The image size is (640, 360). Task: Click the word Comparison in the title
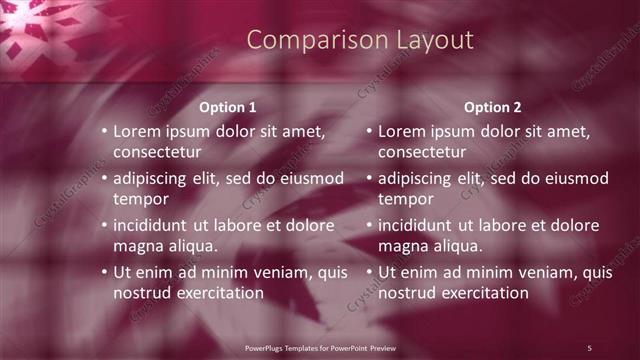pyautogui.click(x=301, y=40)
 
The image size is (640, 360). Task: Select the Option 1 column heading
pyautogui.click(x=228, y=107)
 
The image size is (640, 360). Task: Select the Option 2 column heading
pyautogui.click(x=493, y=107)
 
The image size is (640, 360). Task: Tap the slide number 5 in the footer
pyautogui.click(x=589, y=347)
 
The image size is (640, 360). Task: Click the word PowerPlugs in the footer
pyautogui.click(x=266, y=347)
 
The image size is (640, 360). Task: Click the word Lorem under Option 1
pyautogui.click(x=137, y=131)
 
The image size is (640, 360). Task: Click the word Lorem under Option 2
pyautogui.click(x=402, y=131)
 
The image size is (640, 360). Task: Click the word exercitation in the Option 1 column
pyautogui.click(x=216, y=293)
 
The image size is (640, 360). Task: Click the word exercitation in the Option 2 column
pyautogui.click(x=481, y=293)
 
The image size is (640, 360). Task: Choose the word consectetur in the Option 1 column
pyautogui.click(x=157, y=152)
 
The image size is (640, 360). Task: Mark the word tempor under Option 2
pyautogui.click(x=406, y=199)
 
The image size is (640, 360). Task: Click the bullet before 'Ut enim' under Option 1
pyautogui.click(x=104, y=272)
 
